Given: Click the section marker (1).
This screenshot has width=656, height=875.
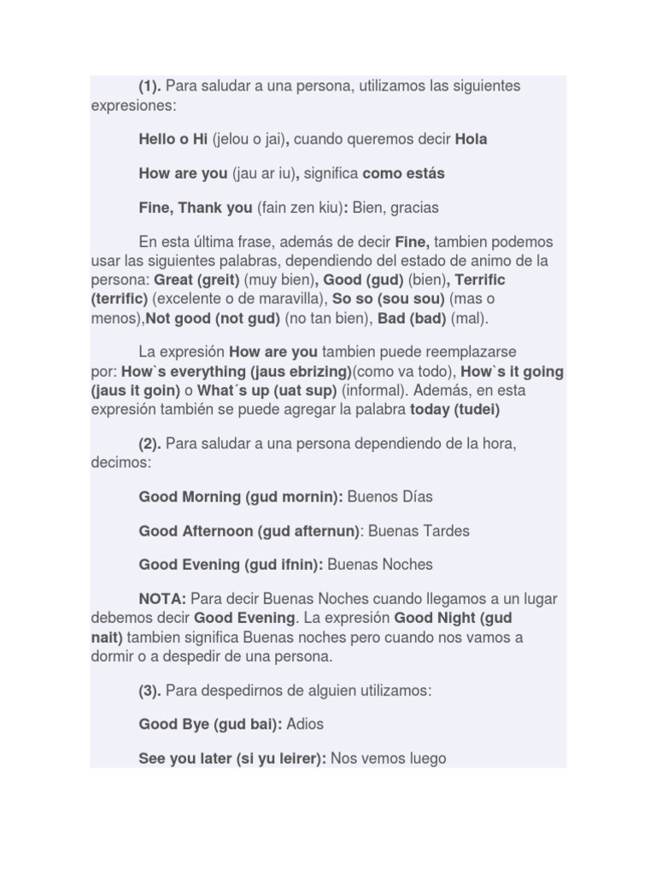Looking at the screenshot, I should tap(150, 85).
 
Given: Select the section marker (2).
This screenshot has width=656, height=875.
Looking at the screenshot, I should tap(150, 443).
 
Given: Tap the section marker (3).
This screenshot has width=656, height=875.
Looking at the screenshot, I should tap(150, 690).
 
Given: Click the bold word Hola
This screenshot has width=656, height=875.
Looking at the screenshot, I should tap(471, 139).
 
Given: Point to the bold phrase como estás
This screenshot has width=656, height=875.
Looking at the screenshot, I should tap(404, 173).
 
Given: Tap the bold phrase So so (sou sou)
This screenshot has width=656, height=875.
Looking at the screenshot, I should tap(389, 299).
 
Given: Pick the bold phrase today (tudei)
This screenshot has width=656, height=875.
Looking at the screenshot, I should tap(455, 409).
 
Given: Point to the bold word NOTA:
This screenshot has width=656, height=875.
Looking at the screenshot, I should tap(162, 599).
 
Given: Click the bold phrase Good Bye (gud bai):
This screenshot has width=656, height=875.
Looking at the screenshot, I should tap(211, 724).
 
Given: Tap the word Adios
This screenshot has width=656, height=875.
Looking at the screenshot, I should tap(306, 724).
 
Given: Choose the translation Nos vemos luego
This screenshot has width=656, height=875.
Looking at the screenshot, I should tap(389, 758).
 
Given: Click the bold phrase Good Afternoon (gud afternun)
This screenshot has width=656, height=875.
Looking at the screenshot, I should tap(249, 531).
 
